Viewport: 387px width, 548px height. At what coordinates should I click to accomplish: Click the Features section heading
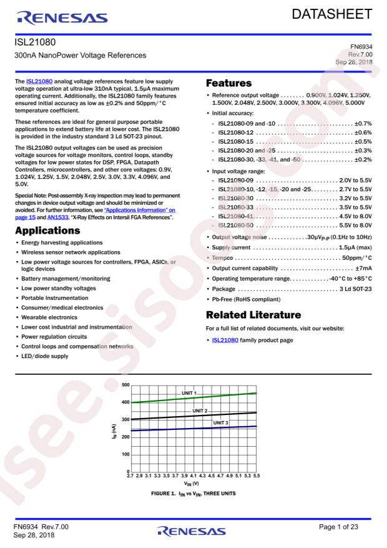click(229, 83)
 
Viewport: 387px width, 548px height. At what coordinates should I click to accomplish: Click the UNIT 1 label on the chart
click(189, 392)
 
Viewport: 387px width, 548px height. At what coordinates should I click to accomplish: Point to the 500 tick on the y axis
click(126, 384)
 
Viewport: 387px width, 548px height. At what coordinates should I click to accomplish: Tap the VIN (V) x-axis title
click(192, 484)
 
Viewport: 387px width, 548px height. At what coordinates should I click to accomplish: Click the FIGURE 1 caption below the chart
click(192, 494)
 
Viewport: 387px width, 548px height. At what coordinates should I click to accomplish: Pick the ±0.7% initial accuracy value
click(363, 124)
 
